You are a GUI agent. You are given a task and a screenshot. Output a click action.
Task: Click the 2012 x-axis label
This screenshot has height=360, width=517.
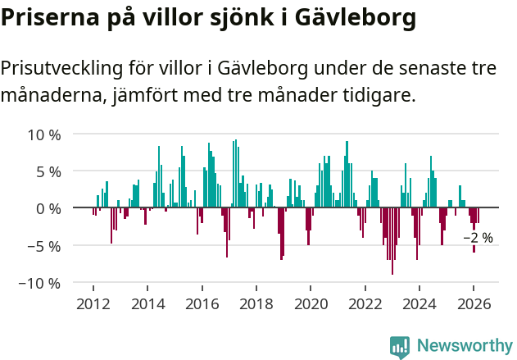pos(93,303)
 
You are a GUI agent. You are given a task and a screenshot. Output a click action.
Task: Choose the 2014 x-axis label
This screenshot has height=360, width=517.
pos(147,303)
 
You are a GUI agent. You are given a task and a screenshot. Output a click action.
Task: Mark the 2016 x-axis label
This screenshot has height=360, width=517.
pos(202,303)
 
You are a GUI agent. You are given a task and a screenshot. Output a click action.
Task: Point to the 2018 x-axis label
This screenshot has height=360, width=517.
pos(256,303)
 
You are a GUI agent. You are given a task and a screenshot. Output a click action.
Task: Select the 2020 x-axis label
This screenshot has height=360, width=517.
pos(311,303)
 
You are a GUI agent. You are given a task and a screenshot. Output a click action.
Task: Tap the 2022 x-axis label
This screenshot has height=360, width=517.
pos(365,303)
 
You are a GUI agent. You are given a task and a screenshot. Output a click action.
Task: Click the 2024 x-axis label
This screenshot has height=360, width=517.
pos(419,303)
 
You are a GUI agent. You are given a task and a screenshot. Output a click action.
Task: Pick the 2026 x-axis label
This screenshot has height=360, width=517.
pos(474,303)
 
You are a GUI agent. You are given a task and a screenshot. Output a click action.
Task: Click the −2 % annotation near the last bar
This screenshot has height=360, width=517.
pos(478,238)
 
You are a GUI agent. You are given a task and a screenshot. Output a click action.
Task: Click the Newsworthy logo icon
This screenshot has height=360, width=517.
pos(400,346)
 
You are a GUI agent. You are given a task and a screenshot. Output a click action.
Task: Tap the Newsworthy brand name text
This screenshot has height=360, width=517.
pos(464,346)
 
